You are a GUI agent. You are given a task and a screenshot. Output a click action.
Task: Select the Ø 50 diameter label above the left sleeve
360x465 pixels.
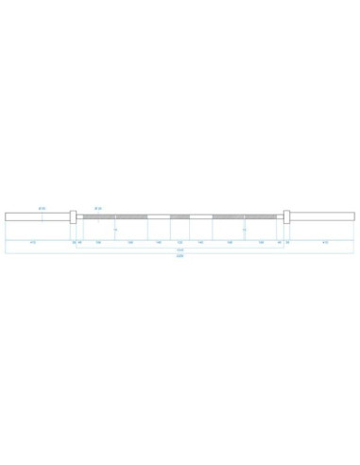click(x=43, y=206)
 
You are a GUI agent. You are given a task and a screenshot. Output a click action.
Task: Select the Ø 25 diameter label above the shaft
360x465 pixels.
click(x=97, y=206)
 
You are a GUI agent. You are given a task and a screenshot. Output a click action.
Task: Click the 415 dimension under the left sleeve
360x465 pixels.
click(x=34, y=242)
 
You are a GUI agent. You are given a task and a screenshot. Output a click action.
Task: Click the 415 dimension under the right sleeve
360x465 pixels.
click(x=326, y=242)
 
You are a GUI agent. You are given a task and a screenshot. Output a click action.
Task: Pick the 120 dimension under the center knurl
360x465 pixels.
click(x=180, y=242)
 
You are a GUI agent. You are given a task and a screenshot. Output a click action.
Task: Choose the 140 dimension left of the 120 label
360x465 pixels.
click(x=156, y=242)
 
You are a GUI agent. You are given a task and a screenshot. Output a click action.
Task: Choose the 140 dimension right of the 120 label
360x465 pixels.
click(x=202, y=242)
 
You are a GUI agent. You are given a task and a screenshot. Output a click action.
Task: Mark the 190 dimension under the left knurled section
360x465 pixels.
click(x=129, y=242)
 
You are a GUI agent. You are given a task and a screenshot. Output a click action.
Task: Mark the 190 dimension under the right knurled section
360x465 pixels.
click(x=231, y=242)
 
